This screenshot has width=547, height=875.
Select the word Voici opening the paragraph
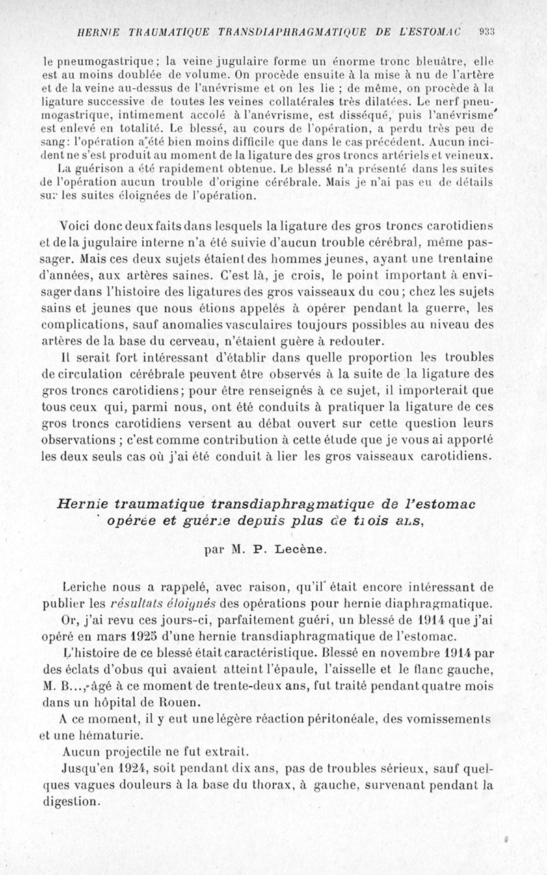pyautogui.click(x=81, y=226)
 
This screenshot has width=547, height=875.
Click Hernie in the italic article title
pyautogui.click(x=83, y=503)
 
